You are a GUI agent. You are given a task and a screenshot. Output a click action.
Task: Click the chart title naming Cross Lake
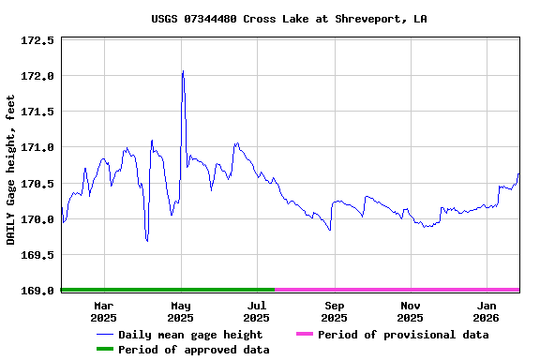[289, 19]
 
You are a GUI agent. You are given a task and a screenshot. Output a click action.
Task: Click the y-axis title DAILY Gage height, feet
[11, 171]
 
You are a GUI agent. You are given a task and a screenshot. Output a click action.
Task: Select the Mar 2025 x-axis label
[104, 311]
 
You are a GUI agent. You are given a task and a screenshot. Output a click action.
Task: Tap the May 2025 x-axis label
[181, 311]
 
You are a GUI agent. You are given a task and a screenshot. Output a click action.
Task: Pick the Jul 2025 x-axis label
[258, 311]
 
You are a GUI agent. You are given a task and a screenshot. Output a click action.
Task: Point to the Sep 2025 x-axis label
[335, 311]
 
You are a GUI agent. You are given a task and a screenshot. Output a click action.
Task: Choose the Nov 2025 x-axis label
[411, 311]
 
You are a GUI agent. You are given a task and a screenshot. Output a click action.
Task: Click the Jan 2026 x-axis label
[487, 311]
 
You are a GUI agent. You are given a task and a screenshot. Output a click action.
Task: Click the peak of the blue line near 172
[183, 71]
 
